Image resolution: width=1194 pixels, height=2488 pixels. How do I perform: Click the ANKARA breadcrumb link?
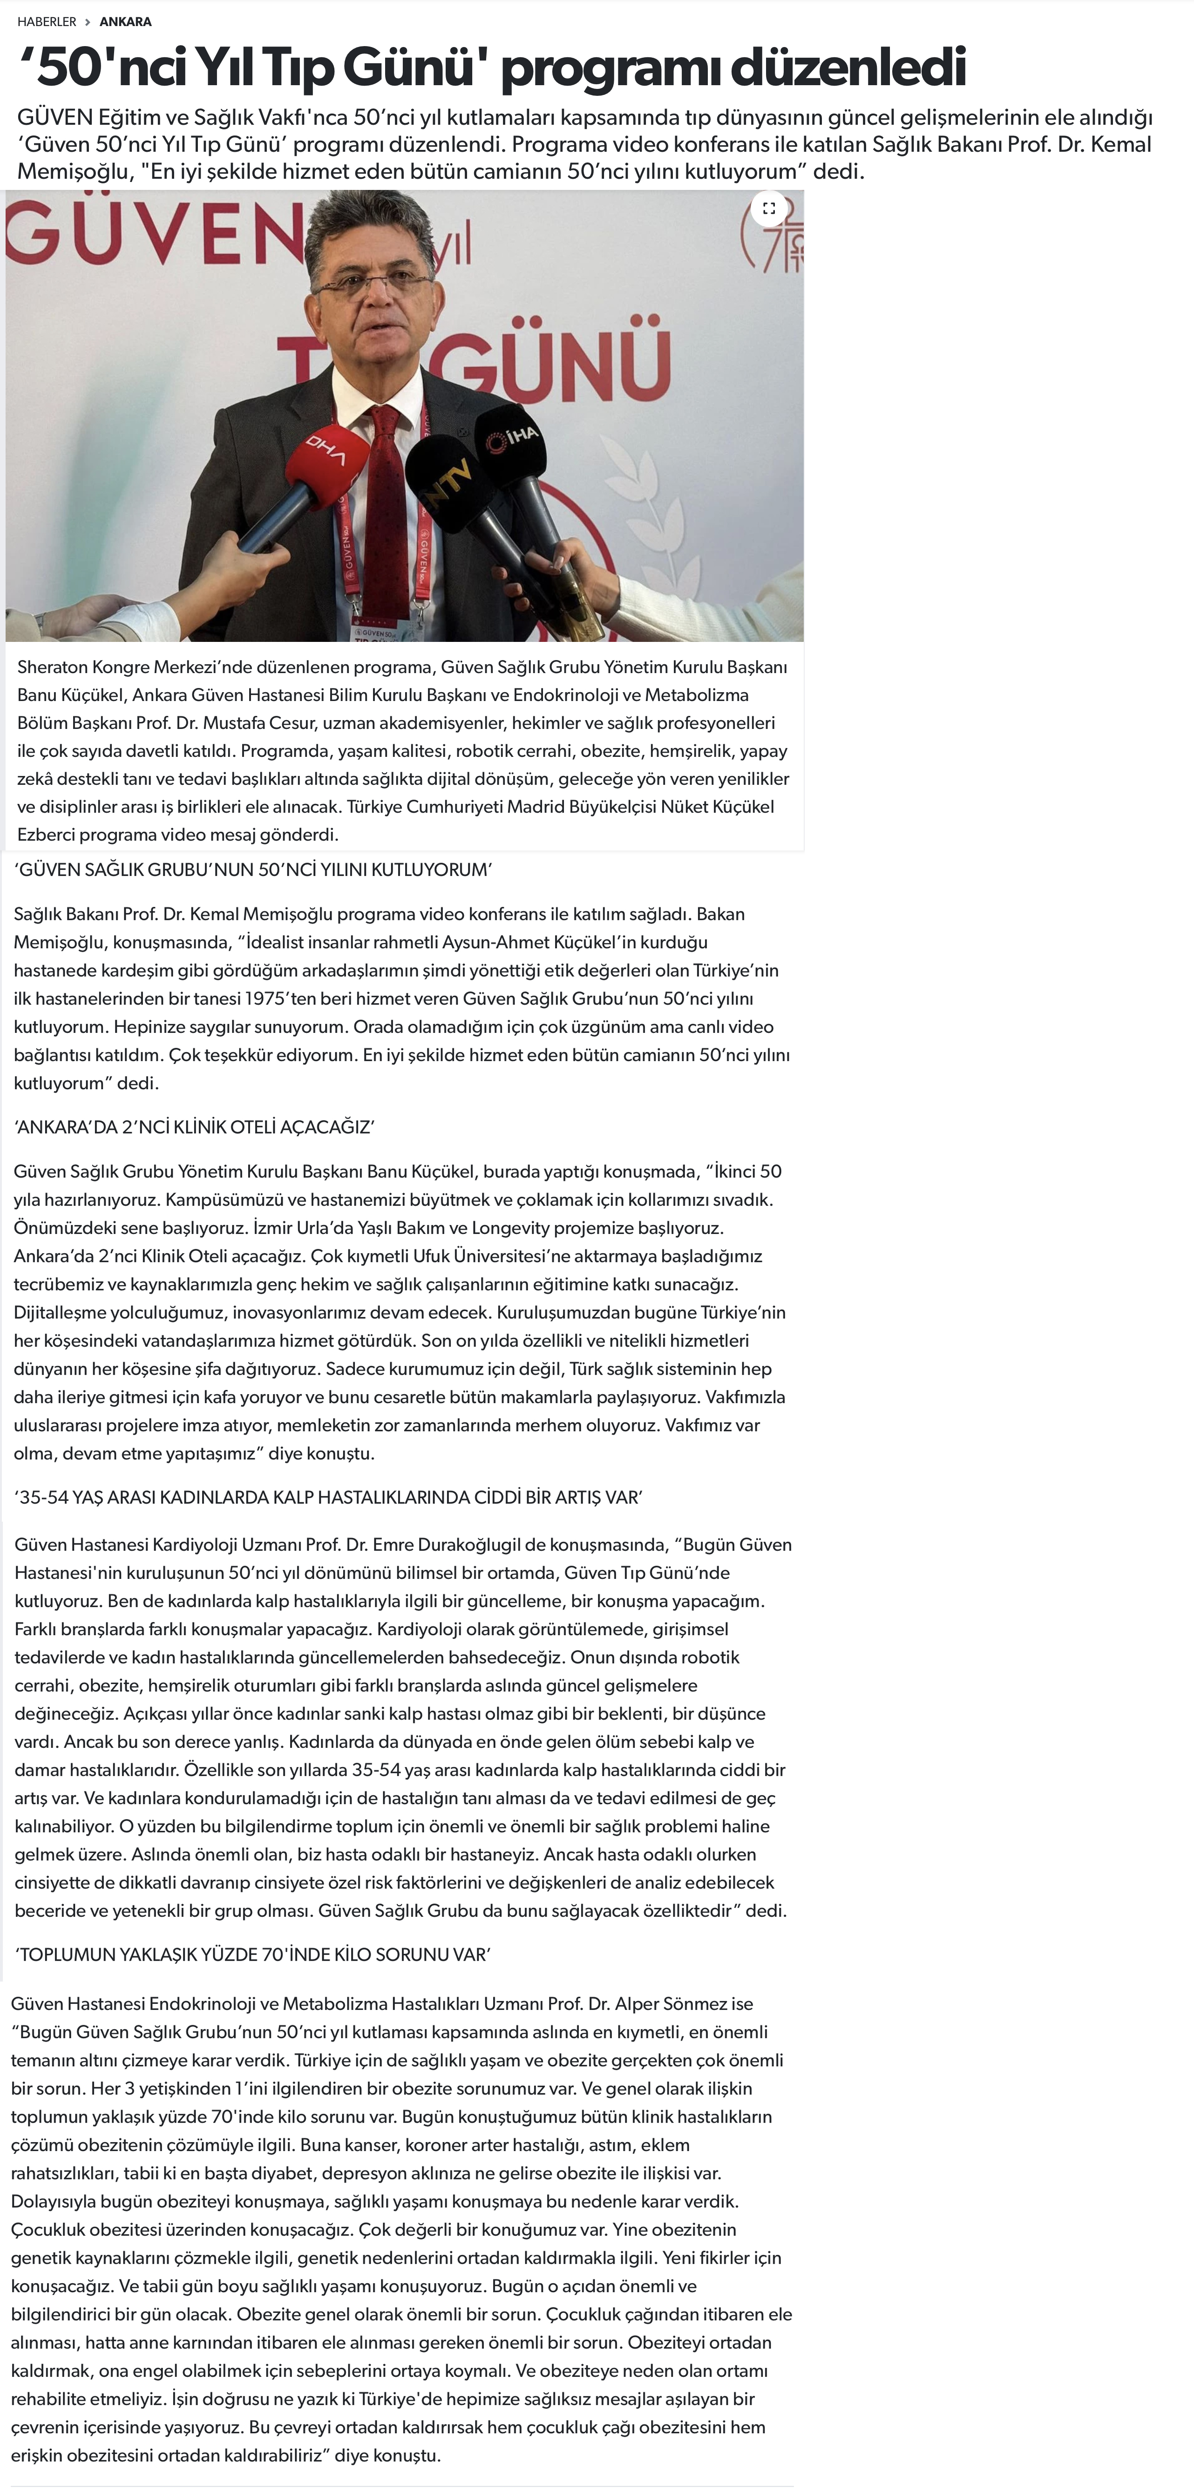pyautogui.click(x=126, y=21)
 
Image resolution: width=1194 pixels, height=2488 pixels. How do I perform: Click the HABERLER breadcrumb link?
pyautogui.click(x=47, y=21)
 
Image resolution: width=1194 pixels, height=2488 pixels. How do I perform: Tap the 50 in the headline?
pyautogui.click(x=68, y=67)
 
